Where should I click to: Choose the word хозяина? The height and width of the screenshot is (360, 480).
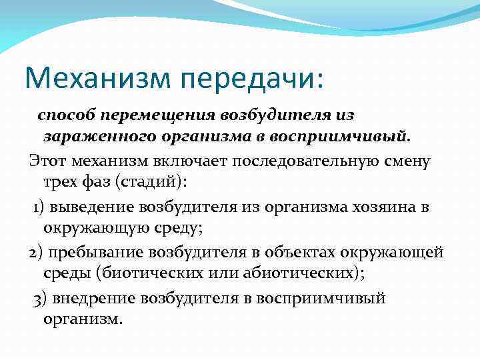[373, 207]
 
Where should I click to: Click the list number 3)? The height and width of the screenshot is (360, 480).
[39, 298]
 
